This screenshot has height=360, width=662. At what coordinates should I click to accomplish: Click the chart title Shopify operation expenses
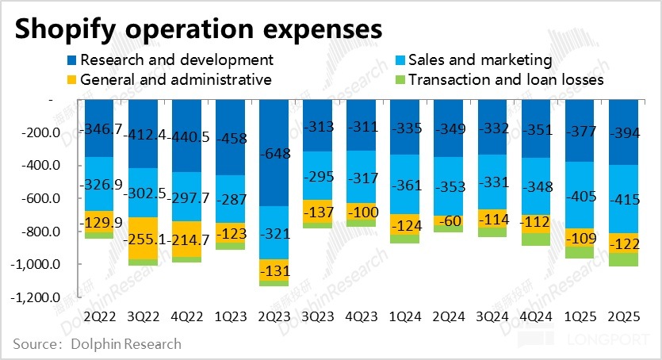(x=198, y=29)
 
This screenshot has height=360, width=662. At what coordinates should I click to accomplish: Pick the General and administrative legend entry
(x=175, y=79)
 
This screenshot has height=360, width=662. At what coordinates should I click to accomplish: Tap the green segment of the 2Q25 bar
(x=624, y=259)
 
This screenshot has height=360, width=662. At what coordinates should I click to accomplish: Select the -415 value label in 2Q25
(x=624, y=201)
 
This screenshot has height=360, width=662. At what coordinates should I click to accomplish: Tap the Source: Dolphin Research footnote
(x=97, y=344)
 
